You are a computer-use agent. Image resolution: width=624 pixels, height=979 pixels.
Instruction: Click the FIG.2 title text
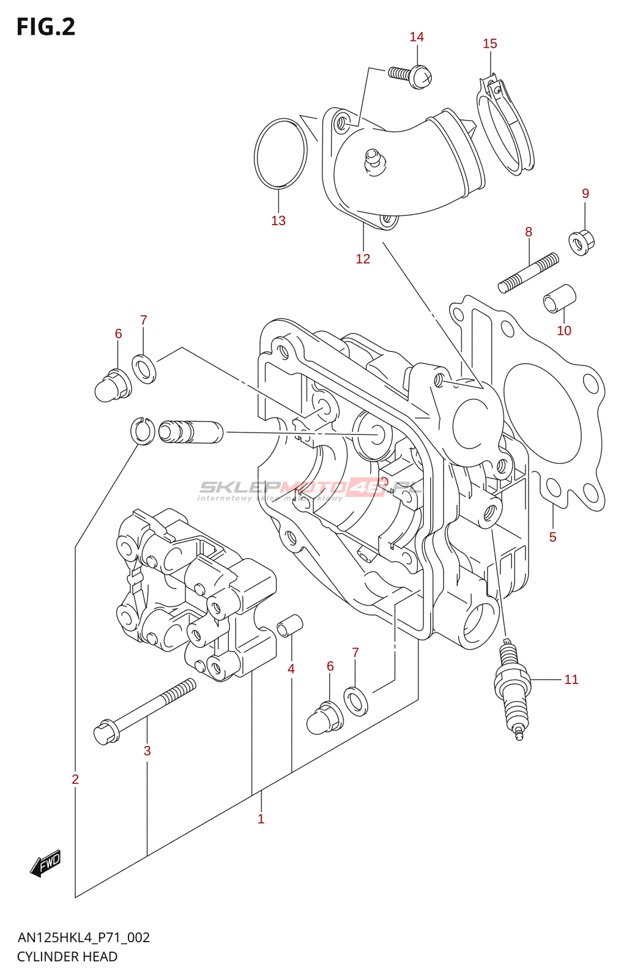46,27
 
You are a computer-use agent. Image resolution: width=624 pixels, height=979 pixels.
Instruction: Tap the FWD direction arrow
46,863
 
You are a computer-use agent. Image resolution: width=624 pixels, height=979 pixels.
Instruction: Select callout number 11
571,679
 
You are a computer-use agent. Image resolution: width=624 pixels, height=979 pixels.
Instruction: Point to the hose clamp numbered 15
505,125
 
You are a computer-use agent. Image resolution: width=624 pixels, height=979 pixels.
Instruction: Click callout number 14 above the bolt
417,37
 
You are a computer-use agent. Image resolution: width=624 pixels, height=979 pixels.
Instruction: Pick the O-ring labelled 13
280,152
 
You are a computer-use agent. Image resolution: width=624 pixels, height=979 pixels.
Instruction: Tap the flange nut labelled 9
582,242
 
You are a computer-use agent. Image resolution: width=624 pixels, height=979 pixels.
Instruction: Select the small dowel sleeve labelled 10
559,298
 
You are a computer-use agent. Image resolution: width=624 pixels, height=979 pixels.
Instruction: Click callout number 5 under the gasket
552,537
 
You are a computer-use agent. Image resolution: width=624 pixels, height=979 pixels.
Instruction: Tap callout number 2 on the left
75,779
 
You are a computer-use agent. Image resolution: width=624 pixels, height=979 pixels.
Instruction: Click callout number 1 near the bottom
261,819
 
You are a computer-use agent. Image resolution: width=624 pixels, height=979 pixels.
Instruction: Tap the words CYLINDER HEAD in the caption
67,957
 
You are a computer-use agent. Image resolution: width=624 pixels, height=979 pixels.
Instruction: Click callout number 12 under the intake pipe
363,259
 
